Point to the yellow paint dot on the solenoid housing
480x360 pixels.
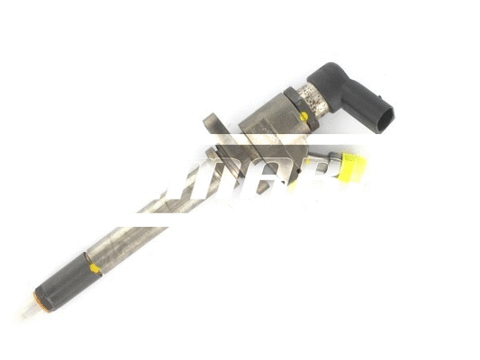(303, 116)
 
